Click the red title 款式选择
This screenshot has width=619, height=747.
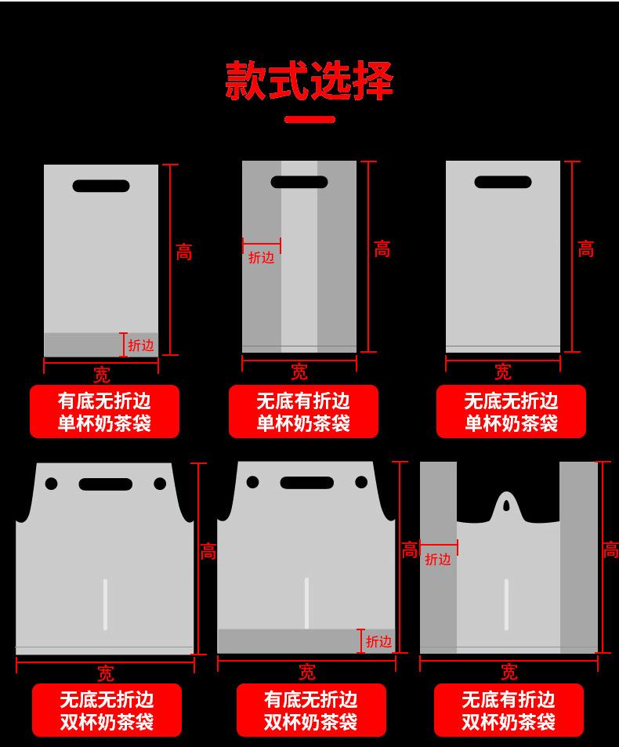pos(309,80)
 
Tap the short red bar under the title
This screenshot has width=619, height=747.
pos(309,120)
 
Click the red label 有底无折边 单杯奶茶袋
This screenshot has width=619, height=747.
pos(104,412)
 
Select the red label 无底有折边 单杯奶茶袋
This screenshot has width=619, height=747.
pos(303,412)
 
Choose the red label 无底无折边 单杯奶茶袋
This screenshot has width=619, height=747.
pos(511,412)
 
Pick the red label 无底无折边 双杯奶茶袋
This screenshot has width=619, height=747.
pos(107,710)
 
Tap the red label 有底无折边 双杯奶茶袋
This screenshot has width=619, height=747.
pos(311,710)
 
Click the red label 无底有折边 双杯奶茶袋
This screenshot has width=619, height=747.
pos(509,710)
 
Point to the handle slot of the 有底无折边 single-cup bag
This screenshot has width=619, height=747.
pos(101,186)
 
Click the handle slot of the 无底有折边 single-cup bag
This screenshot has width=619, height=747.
pos(299,182)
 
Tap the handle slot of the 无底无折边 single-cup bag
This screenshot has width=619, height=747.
pos(503,182)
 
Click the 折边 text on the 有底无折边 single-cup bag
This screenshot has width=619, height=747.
pos(141,345)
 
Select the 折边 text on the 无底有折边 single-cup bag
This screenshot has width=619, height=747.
pos(262,258)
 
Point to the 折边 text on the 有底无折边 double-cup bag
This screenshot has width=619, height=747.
pos(379,642)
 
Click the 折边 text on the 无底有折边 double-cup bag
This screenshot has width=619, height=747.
pos(438,560)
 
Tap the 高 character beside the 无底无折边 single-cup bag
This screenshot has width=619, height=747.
pos(586,249)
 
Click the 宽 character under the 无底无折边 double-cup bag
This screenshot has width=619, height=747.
pos(106,673)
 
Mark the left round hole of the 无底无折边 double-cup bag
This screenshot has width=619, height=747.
pos(51,484)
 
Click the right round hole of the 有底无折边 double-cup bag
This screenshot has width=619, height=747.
pos(361,482)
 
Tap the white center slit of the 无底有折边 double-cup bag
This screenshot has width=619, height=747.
pos(506,604)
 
